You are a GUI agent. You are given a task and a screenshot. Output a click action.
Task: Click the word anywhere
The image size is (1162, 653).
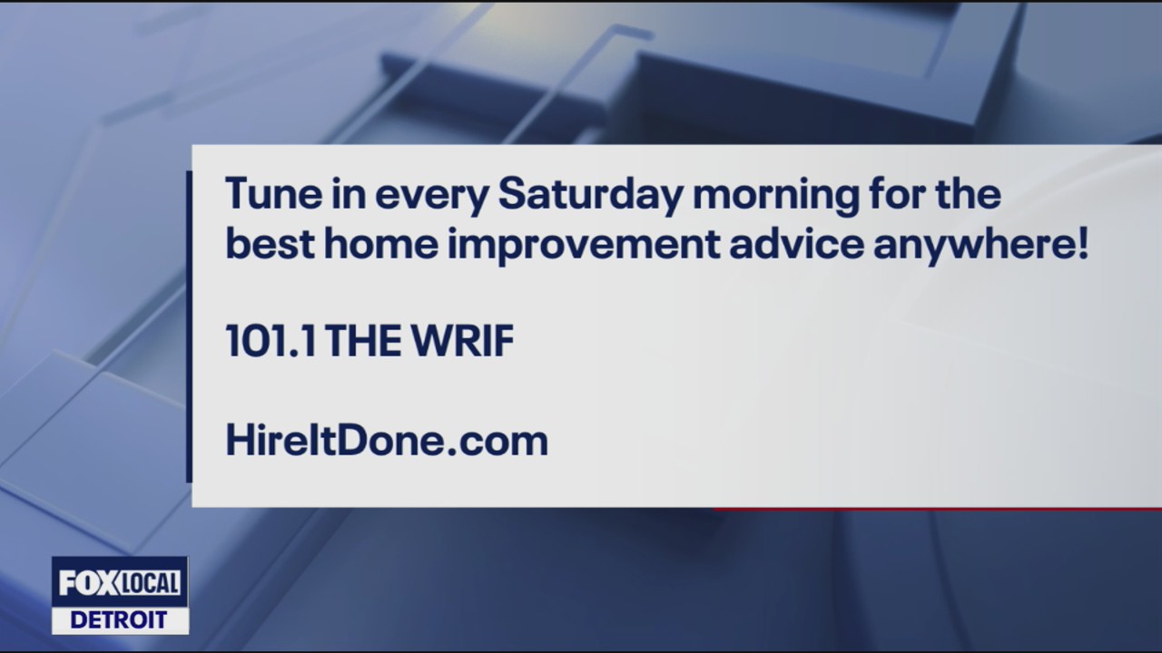(975, 247)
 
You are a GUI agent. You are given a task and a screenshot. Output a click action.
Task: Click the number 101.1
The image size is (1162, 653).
(271, 343)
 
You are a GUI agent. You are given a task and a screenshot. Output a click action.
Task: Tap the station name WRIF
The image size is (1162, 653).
(464, 343)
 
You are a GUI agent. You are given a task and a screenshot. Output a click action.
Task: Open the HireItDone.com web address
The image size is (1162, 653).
(387, 441)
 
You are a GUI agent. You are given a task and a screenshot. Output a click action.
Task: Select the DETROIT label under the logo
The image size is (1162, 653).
(120, 620)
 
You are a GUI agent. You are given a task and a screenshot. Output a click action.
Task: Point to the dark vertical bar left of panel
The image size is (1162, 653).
(189, 326)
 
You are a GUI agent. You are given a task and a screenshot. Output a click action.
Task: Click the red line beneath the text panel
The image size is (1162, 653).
(935, 509)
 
